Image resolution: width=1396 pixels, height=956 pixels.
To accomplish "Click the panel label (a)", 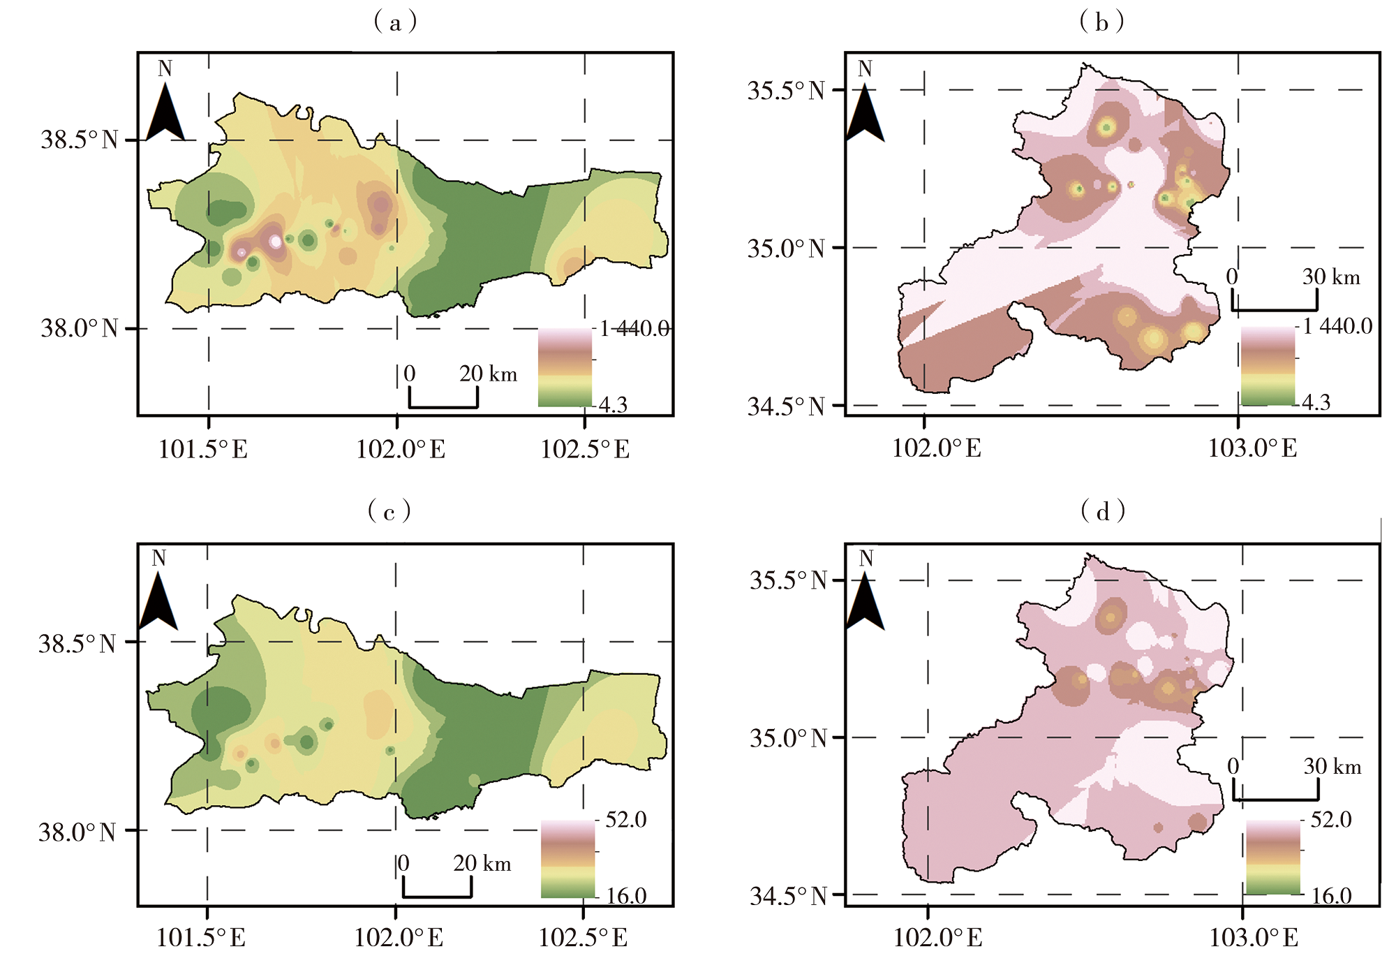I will (395, 23).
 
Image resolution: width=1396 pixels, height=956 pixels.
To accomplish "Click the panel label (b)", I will (1101, 23).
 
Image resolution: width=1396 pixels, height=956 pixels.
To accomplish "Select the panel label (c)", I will (389, 512).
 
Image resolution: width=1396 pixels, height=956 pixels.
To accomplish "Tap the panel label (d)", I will (1103, 512).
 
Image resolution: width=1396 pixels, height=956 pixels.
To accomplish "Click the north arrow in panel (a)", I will (165, 111).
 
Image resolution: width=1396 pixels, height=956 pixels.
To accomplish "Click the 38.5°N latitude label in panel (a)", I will (79, 140).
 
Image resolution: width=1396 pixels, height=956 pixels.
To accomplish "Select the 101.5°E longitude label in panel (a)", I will (203, 449).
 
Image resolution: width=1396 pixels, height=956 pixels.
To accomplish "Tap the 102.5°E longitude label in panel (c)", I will (584, 937).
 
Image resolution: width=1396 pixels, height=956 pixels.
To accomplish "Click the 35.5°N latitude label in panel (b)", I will (786, 91).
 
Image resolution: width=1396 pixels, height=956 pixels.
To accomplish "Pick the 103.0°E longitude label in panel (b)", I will (1252, 448).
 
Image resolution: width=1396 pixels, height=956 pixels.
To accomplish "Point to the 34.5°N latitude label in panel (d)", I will (788, 895).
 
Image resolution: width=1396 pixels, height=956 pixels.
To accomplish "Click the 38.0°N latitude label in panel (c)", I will (77, 832).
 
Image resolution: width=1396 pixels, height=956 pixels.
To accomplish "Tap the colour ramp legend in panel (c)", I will (567, 858).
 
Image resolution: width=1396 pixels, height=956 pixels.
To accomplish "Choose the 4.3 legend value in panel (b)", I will (1316, 402).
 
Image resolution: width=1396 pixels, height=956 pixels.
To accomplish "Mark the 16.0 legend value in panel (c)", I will (626, 895).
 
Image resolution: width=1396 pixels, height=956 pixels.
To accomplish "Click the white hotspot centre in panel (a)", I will (276, 242).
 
